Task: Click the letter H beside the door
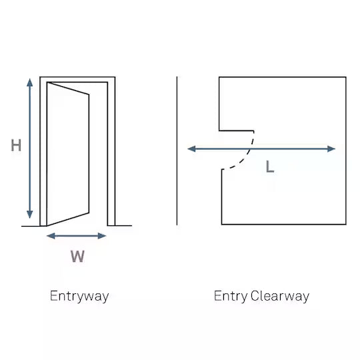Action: pos(16,145)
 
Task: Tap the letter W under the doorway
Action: pos(77,256)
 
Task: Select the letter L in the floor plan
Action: pos(270,167)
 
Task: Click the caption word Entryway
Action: pos(79,296)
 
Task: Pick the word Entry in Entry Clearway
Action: pos(231,296)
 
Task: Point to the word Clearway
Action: pos(280,296)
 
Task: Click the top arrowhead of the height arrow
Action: pos(29,82)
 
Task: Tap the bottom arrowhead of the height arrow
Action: pos(29,215)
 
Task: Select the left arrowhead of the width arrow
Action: pos(51,236)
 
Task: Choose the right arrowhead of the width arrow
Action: pos(102,236)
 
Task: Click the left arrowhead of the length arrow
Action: pos(192,149)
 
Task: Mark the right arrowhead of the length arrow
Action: pos(331,149)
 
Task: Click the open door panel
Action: pos(68,154)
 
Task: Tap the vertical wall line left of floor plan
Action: pos(177,151)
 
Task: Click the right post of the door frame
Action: pos(111,151)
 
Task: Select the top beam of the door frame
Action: pos(77,79)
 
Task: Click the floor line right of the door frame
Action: pos(123,226)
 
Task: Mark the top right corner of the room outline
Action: pos(346,77)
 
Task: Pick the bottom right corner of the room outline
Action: pos(346,224)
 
